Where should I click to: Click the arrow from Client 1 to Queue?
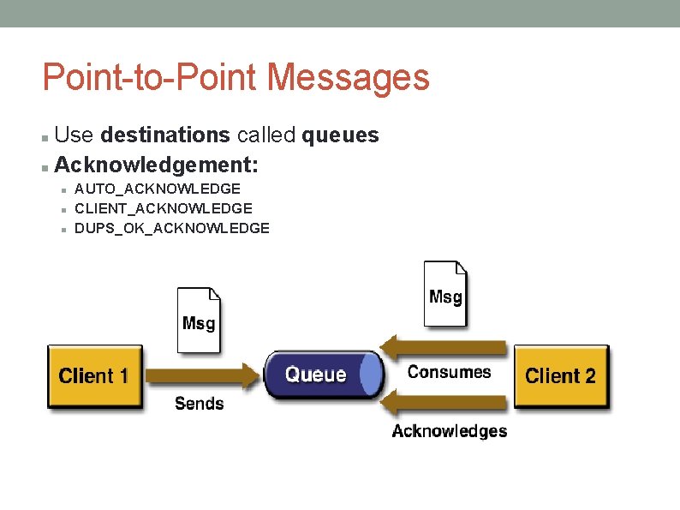coord(201,375)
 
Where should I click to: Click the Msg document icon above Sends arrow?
coord(199,320)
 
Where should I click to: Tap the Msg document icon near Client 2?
coord(445,294)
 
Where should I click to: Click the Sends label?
coord(199,404)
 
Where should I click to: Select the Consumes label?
coord(449,372)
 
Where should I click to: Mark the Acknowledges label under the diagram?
coord(449,431)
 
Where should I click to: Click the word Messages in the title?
coord(348,77)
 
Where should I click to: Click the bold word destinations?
coord(164,135)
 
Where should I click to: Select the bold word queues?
coord(341,135)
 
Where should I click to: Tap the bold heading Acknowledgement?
coord(157,163)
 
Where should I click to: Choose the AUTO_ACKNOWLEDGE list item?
coord(158,188)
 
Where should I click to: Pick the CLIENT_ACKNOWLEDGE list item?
coord(164,208)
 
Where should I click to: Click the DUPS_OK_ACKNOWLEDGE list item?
coord(172,228)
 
